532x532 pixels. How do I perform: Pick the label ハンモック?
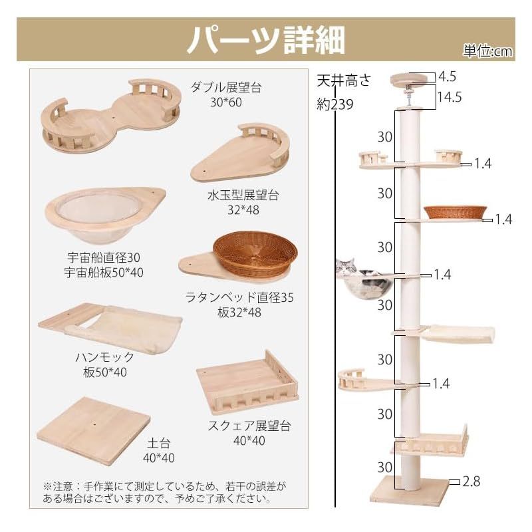click(x=105, y=356)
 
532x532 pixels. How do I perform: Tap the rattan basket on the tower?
click(x=454, y=212)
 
